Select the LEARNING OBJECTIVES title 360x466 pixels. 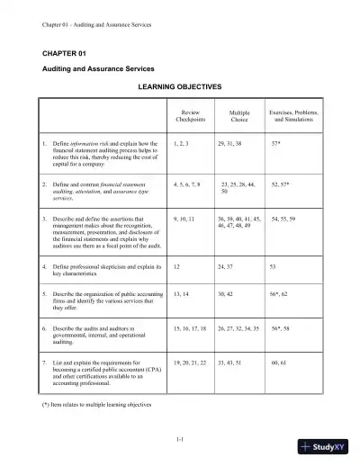(x=178, y=87)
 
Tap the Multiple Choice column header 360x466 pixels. (x=239, y=116)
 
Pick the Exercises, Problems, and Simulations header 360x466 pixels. (x=296, y=116)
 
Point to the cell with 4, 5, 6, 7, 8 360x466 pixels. (x=187, y=183)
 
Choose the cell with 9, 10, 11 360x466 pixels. (x=184, y=218)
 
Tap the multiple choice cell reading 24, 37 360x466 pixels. (x=227, y=267)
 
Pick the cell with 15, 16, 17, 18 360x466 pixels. (x=190, y=329)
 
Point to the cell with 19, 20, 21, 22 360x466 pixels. (x=190, y=360)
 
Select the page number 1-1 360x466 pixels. (x=180, y=438)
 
